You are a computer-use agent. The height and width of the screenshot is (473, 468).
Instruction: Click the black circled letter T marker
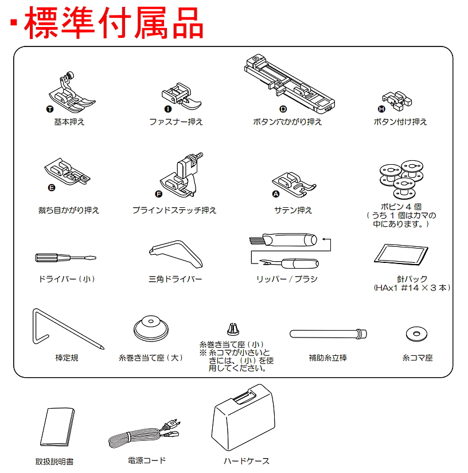click(x=50, y=108)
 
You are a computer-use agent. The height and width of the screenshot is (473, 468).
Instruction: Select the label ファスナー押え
click(x=176, y=122)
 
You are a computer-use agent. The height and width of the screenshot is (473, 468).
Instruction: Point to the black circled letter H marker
click(x=381, y=109)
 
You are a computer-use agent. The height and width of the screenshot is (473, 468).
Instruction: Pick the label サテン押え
click(x=293, y=210)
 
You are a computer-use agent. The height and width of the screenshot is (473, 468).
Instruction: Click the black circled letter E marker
click(x=52, y=188)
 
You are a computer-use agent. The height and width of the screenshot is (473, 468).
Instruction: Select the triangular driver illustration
click(x=175, y=253)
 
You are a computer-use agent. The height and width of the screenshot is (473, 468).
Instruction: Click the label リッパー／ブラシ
click(x=287, y=279)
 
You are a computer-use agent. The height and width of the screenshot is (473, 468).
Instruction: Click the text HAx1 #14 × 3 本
click(x=411, y=288)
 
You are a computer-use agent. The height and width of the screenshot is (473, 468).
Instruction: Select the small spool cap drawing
click(x=233, y=329)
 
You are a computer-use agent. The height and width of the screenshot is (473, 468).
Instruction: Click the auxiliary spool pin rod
click(x=327, y=333)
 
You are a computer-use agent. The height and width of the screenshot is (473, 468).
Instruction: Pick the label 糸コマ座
click(x=417, y=358)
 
